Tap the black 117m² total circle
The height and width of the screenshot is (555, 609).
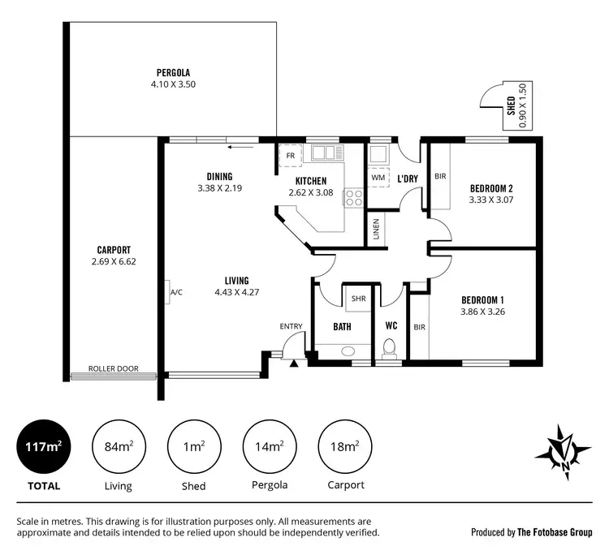(44, 447)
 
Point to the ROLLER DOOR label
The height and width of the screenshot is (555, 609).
(114, 368)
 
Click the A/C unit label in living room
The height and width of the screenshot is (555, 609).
(175, 293)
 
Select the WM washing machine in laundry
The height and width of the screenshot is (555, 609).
(378, 176)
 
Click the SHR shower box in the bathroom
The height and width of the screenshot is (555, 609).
(356, 298)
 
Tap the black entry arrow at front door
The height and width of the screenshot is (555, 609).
(294, 361)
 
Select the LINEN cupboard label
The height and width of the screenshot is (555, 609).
(375, 230)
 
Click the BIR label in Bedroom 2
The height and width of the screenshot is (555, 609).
(440, 176)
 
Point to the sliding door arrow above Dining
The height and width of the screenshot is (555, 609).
(239, 148)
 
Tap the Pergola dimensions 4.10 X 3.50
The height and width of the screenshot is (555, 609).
(173, 84)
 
